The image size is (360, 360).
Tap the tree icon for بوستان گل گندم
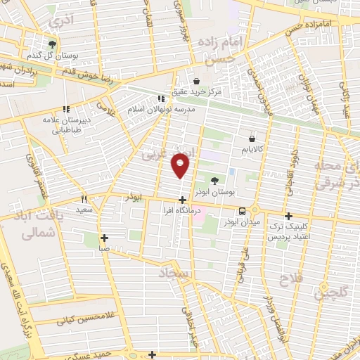[x=51, y=44]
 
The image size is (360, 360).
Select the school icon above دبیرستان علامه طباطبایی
[x=67, y=109]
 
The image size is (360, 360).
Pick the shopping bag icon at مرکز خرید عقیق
[x=196, y=81]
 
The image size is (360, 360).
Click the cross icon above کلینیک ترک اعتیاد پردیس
[x=288, y=216]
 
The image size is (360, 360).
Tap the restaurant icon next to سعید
[x=84, y=199]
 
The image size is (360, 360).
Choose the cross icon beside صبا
[x=104, y=238]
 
